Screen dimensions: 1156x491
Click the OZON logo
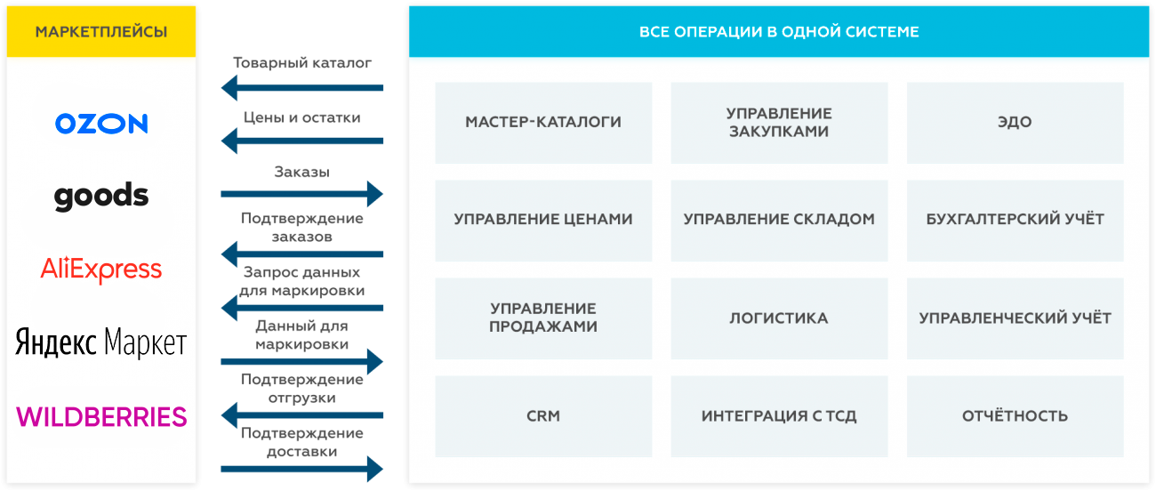[x=101, y=124]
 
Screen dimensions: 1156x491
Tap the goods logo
[x=101, y=197]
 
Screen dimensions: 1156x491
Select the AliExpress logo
[x=101, y=270]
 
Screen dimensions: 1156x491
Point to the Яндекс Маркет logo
[x=101, y=342]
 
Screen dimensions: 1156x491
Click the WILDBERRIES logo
[x=101, y=417]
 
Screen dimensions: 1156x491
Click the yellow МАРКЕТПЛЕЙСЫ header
[x=101, y=31]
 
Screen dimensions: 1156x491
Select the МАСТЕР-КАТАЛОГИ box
[x=543, y=123]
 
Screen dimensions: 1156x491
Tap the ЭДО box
[x=1016, y=123]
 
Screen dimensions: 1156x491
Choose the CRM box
[x=543, y=416]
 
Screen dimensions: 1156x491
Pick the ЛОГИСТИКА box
[x=779, y=318]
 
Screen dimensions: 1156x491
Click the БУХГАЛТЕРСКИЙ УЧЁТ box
[x=1016, y=221]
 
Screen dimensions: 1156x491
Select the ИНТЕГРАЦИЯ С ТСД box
[x=779, y=416]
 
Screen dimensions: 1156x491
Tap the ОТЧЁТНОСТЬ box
[x=1016, y=416]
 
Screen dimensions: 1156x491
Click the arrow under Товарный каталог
[x=302, y=88]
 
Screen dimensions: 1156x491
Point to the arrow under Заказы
[x=302, y=194]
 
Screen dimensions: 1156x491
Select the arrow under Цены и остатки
[x=302, y=141]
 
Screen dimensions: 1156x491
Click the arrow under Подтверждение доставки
[x=302, y=469]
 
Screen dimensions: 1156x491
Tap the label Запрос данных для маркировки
[x=302, y=281]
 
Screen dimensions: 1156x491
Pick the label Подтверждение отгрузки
[x=302, y=389]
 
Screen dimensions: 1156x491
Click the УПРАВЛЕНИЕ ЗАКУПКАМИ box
[x=779, y=123]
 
